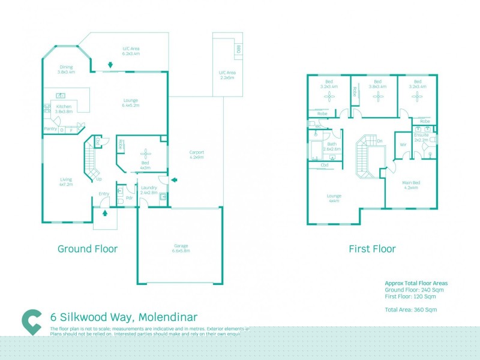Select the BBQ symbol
pyautogui.click(x=238, y=49)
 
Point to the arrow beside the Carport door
pyautogui.click(x=174, y=179)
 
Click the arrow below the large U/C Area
pyautogui.click(x=110, y=65)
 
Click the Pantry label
pyautogui.click(x=50, y=129)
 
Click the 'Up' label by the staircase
pyautogui.click(x=99, y=179)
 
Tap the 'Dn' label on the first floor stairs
pyautogui.click(x=379, y=141)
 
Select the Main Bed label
pyautogui.click(x=411, y=184)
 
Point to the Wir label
pyautogui.click(x=403, y=145)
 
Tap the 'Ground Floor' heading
pyautogui.click(x=88, y=248)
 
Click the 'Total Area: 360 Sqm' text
pyautogui.click(x=410, y=309)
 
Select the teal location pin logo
pyautogui.click(x=31, y=322)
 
